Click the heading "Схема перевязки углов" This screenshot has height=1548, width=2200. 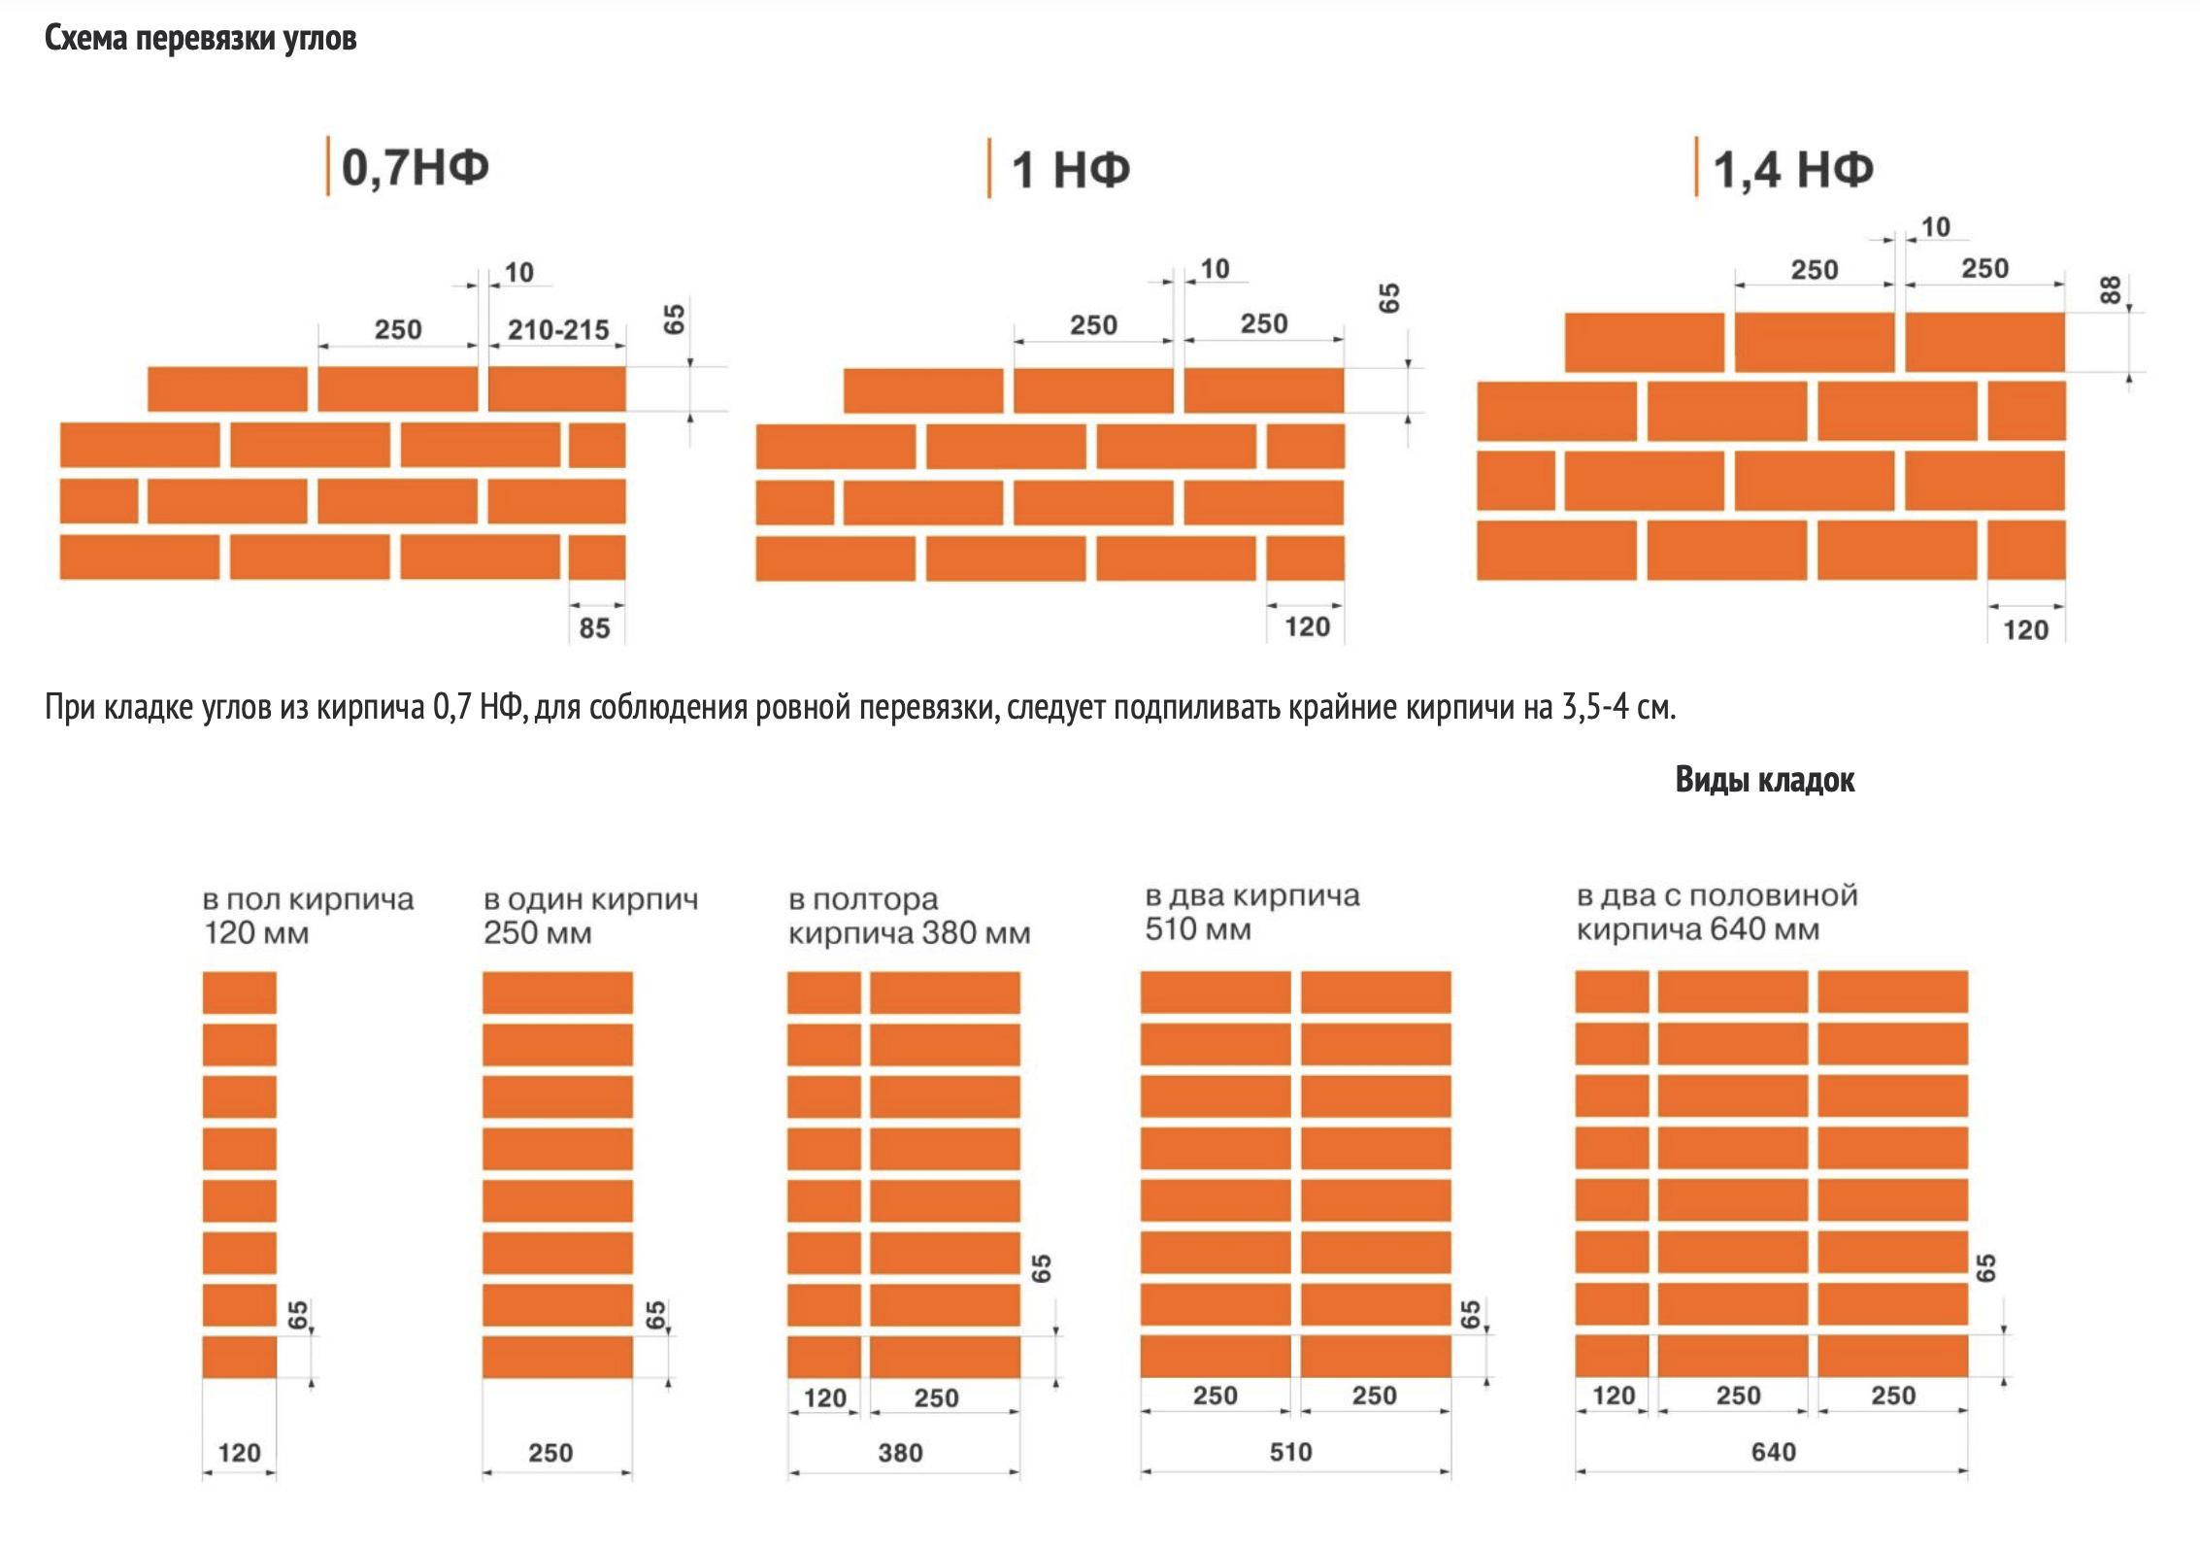tap(200, 39)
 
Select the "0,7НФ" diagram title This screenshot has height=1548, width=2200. tap(415, 167)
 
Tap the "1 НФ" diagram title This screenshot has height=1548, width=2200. tap(1071, 170)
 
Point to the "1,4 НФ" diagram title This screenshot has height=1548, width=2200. tap(1792, 170)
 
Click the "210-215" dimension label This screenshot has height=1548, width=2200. tap(558, 330)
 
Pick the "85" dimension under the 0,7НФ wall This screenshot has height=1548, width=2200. tap(594, 628)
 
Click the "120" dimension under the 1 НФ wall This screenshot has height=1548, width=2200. tap(1307, 627)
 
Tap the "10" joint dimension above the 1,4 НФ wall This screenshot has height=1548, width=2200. tap(1935, 227)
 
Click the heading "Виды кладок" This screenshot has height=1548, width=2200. tap(1764, 780)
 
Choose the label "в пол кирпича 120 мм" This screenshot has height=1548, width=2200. tap(308, 916)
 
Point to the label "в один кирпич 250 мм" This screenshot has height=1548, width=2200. tap(590, 916)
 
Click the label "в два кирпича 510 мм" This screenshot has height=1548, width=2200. tap(1251, 912)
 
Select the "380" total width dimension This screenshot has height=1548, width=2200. tap(900, 1453)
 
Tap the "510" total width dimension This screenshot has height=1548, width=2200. tap(1290, 1452)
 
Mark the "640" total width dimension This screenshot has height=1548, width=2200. tap(1773, 1452)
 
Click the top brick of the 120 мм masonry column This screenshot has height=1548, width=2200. tap(240, 993)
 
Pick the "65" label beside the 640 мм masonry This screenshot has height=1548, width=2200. tap(1986, 1267)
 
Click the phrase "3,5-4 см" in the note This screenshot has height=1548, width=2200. tap(1617, 707)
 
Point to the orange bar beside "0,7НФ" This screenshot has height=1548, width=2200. tap(328, 166)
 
